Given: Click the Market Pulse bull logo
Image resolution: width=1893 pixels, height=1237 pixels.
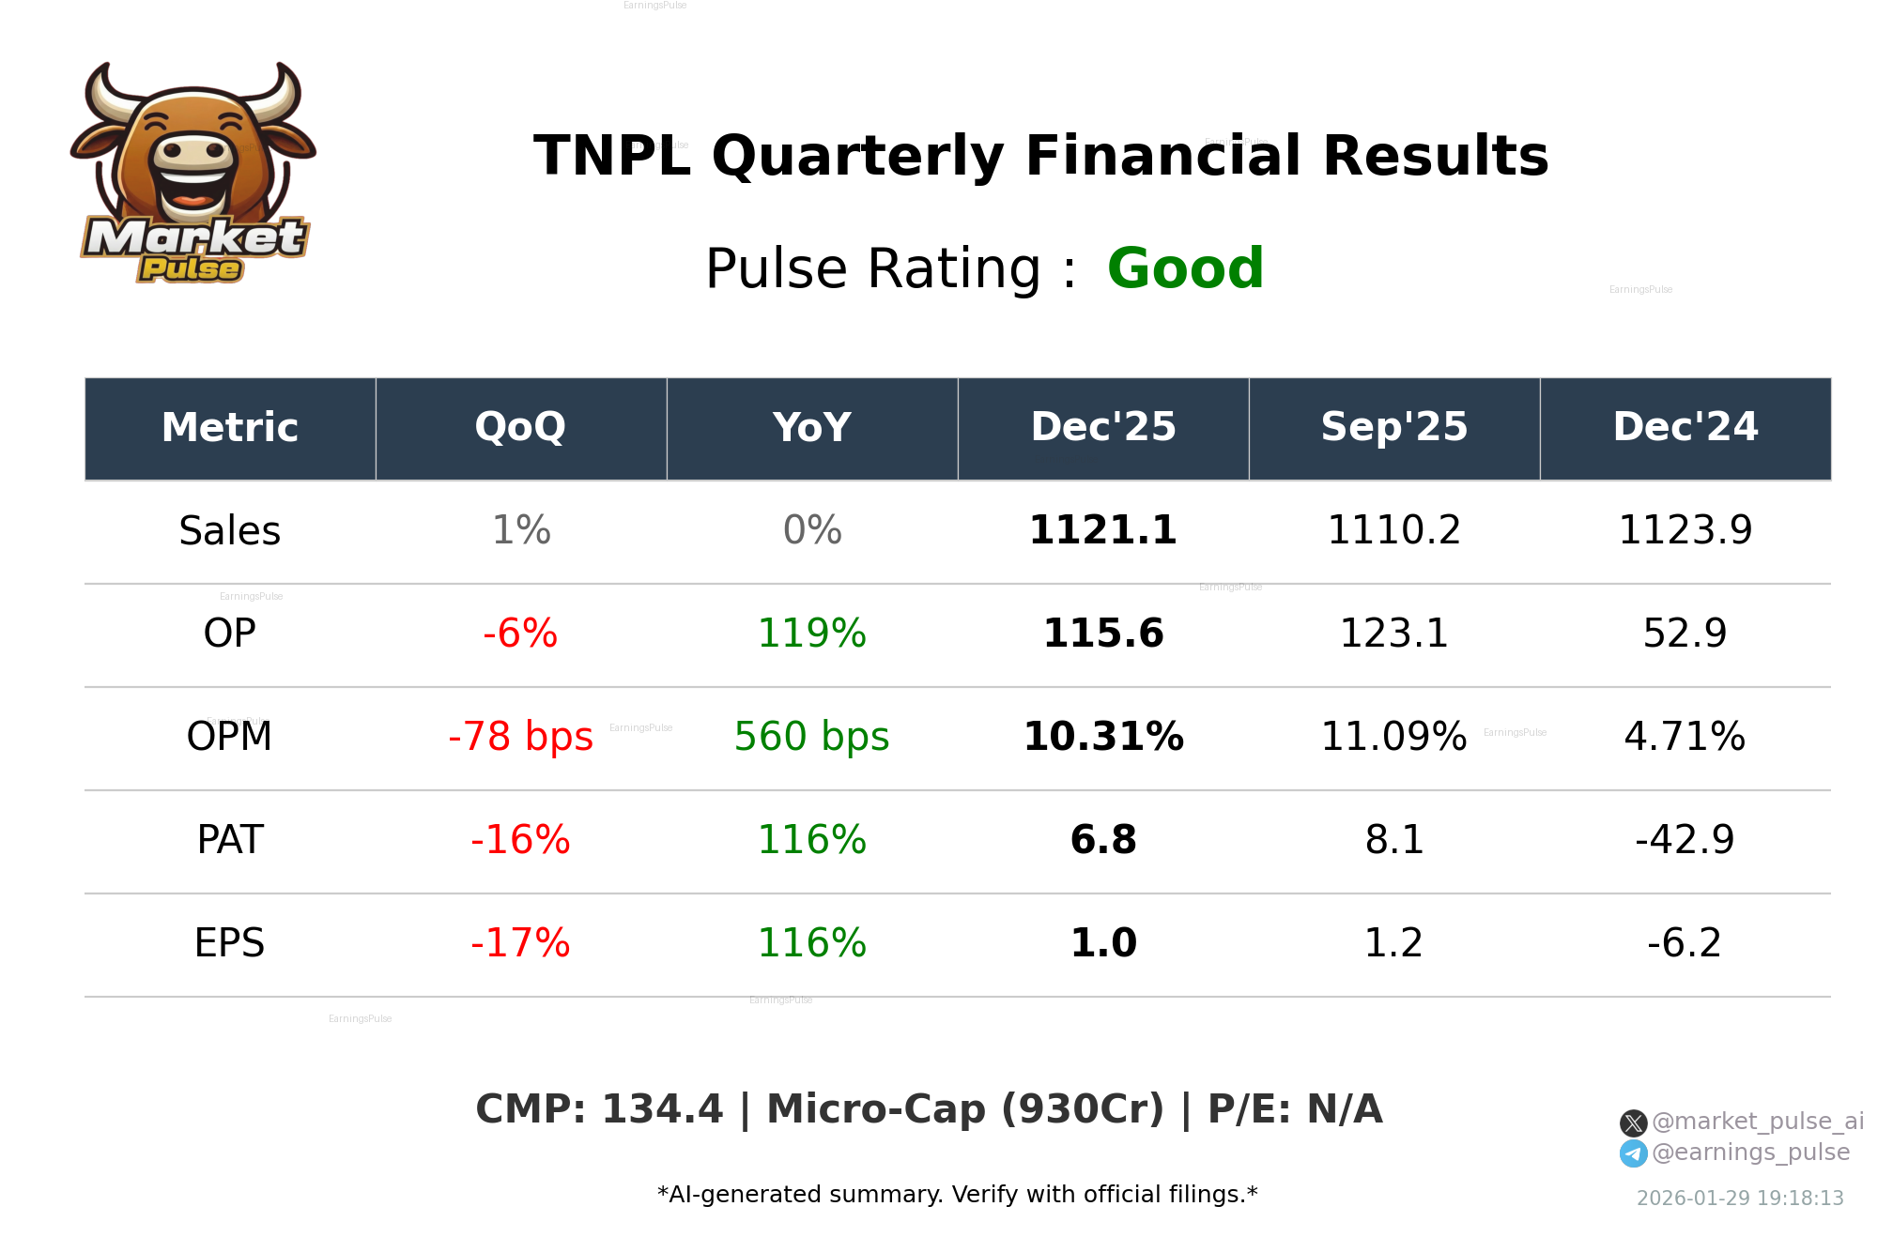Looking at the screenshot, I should pyautogui.click(x=193, y=174).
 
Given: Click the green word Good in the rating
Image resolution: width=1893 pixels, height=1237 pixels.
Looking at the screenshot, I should pyautogui.click(x=1185, y=269).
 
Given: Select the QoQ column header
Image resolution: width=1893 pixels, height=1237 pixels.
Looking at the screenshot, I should pyautogui.click(x=520, y=428).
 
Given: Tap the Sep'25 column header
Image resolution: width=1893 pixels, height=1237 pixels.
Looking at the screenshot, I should pyautogui.click(x=1393, y=428).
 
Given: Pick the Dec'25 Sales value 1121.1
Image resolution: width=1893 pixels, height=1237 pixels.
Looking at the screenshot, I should pyautogui.click(x=1102, y=531).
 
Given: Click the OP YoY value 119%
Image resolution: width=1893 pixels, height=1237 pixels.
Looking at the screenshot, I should pyautogui.click(x=811, y=634).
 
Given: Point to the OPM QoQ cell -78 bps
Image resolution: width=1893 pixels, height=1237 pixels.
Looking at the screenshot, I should pyautogui.click(x=520, y=738).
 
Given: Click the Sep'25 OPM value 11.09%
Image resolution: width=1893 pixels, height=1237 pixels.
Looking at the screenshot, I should pyautogui.click(x=1393, y=738).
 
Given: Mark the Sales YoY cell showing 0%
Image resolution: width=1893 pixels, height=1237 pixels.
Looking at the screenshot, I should pyautogui.click(x=811, y=531).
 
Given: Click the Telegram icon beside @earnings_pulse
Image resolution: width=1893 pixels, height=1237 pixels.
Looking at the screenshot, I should pyautogui.click(x=1633, y=1153).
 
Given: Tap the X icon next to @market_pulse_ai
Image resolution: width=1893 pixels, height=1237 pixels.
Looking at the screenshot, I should pyautogui.click(x=1633, y=1122).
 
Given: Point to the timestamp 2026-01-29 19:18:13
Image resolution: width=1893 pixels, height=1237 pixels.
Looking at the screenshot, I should pyautogui.click(x=1740, y=1199).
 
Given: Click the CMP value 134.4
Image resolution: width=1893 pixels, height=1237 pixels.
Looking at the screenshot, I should pyautogui.click(x=662, y=1109).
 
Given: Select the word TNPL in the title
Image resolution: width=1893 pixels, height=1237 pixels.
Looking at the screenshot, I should pyautogui.click(x=611, y=157).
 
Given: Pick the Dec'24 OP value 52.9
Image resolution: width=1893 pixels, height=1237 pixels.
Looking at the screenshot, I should pyautogui.click(x=1685, y=634).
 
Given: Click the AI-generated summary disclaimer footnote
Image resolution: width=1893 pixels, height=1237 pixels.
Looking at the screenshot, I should pyautogui.click(x=957, y=1195).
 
